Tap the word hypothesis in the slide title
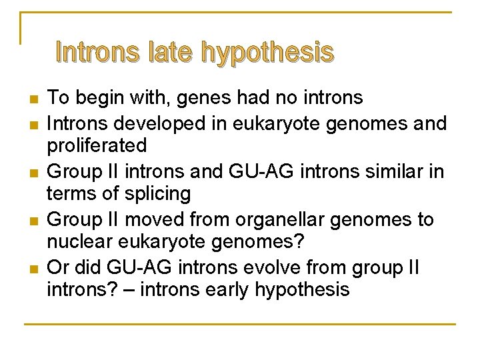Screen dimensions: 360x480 coord(267,53)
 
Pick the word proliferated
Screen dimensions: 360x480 coord(97,146)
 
